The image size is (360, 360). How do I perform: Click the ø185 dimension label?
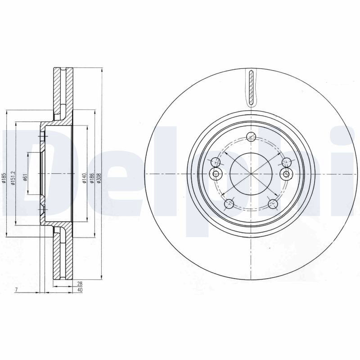click(x=4, y=178)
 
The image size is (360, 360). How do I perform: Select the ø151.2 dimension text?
click(x=13, y=178)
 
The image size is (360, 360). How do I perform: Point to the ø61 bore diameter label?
click(x=25, y=177)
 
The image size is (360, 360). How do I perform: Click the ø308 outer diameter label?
click(x=99, y=178)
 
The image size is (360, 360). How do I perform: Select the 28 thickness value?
click(x=80, y=284)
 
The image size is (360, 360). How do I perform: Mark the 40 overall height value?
click(x=80, y=290)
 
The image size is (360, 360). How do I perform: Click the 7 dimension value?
click(x=16, y=290)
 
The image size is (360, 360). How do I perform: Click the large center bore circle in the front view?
click(x=252, y=174)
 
